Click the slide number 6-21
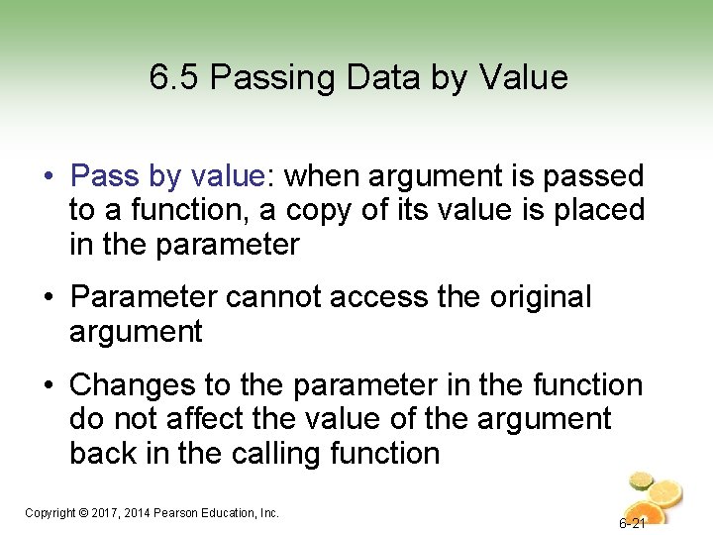point(633,523)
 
